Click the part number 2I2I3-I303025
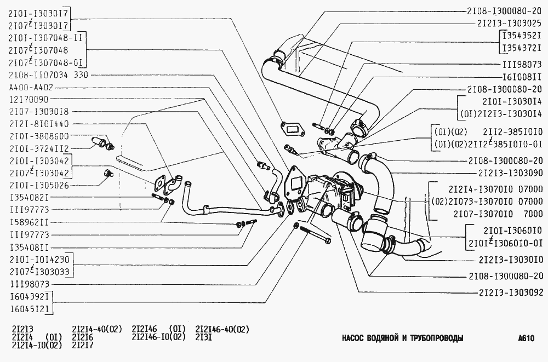point(509,24)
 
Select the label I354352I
point(522,36)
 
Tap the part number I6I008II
point(522,77)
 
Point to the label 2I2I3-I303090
point(511,173)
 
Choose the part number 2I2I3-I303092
point(511,292)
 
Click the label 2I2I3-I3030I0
point(511,260)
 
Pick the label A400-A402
point(31,87)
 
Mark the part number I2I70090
point(29,100)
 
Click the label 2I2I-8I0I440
point(39,124)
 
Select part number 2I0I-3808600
point(39,136)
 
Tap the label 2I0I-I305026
point(39,185)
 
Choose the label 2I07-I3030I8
point(39,112)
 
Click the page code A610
point(526,338)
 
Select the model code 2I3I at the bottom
point(204,337)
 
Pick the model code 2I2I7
point(83,345)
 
